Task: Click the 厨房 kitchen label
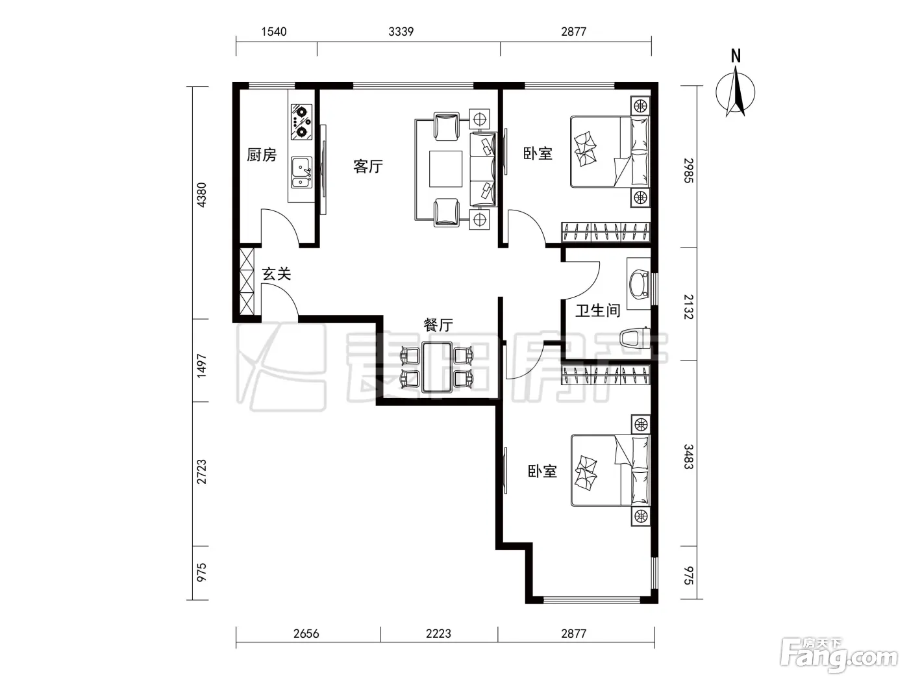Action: point(262,155)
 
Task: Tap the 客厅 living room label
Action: point(368,166)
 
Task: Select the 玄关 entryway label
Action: point(277,273)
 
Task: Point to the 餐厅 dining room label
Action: point(438,325)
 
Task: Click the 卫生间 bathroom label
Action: point(598,310)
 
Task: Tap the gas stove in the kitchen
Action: point(301,121)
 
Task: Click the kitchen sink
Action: point(301,173)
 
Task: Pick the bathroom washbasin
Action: point(639,284)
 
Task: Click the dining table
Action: point(437,367)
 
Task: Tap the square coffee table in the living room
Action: point(445,169)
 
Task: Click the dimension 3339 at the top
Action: point(401,31)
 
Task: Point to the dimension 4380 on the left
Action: point(201,195)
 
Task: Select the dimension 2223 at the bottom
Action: point(438,633)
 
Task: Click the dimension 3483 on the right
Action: point(688,457)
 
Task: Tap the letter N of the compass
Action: point(736,56)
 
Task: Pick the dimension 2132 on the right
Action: point(688,307)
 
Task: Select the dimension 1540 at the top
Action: point(274,31)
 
